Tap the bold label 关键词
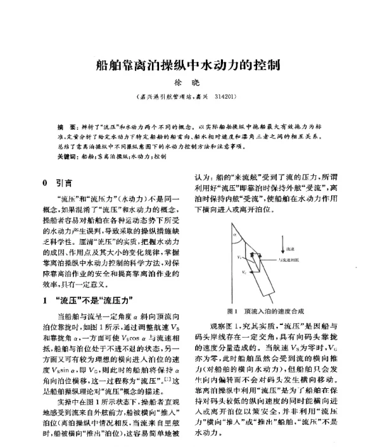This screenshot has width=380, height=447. coord(66,155)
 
